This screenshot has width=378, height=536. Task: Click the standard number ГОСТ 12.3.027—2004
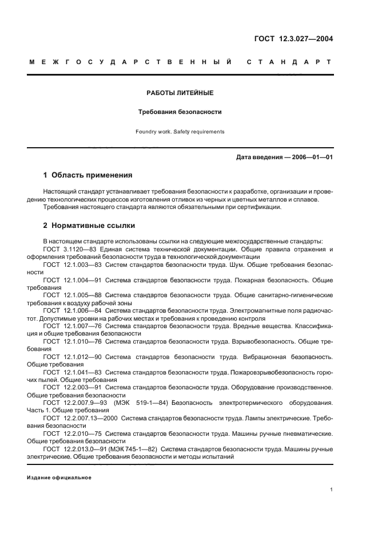293,40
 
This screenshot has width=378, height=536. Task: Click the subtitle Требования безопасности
180,112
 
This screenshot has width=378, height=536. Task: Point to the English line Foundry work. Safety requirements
180,132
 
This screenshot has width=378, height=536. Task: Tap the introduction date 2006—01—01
312,157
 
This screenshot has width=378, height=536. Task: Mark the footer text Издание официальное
59,478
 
